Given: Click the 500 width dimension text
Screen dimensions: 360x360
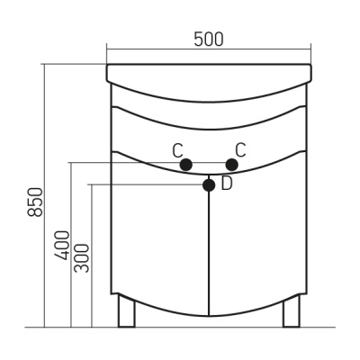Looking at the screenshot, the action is (209, 40).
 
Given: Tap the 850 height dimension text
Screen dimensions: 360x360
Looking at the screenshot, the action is (35, 202).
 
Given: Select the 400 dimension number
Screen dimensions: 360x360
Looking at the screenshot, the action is (62, 245).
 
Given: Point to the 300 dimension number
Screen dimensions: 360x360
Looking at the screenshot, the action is (82, 258).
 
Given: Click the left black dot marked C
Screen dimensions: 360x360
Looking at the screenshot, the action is (186, 165).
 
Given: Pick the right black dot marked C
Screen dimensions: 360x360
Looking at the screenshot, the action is (232, 165).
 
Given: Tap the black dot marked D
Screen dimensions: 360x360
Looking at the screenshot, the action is (209, 185).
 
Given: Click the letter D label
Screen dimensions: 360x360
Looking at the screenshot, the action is (227, 184).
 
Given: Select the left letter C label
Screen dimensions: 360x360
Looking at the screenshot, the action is (177, 150).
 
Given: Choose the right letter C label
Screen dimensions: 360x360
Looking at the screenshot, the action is (240, 150).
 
